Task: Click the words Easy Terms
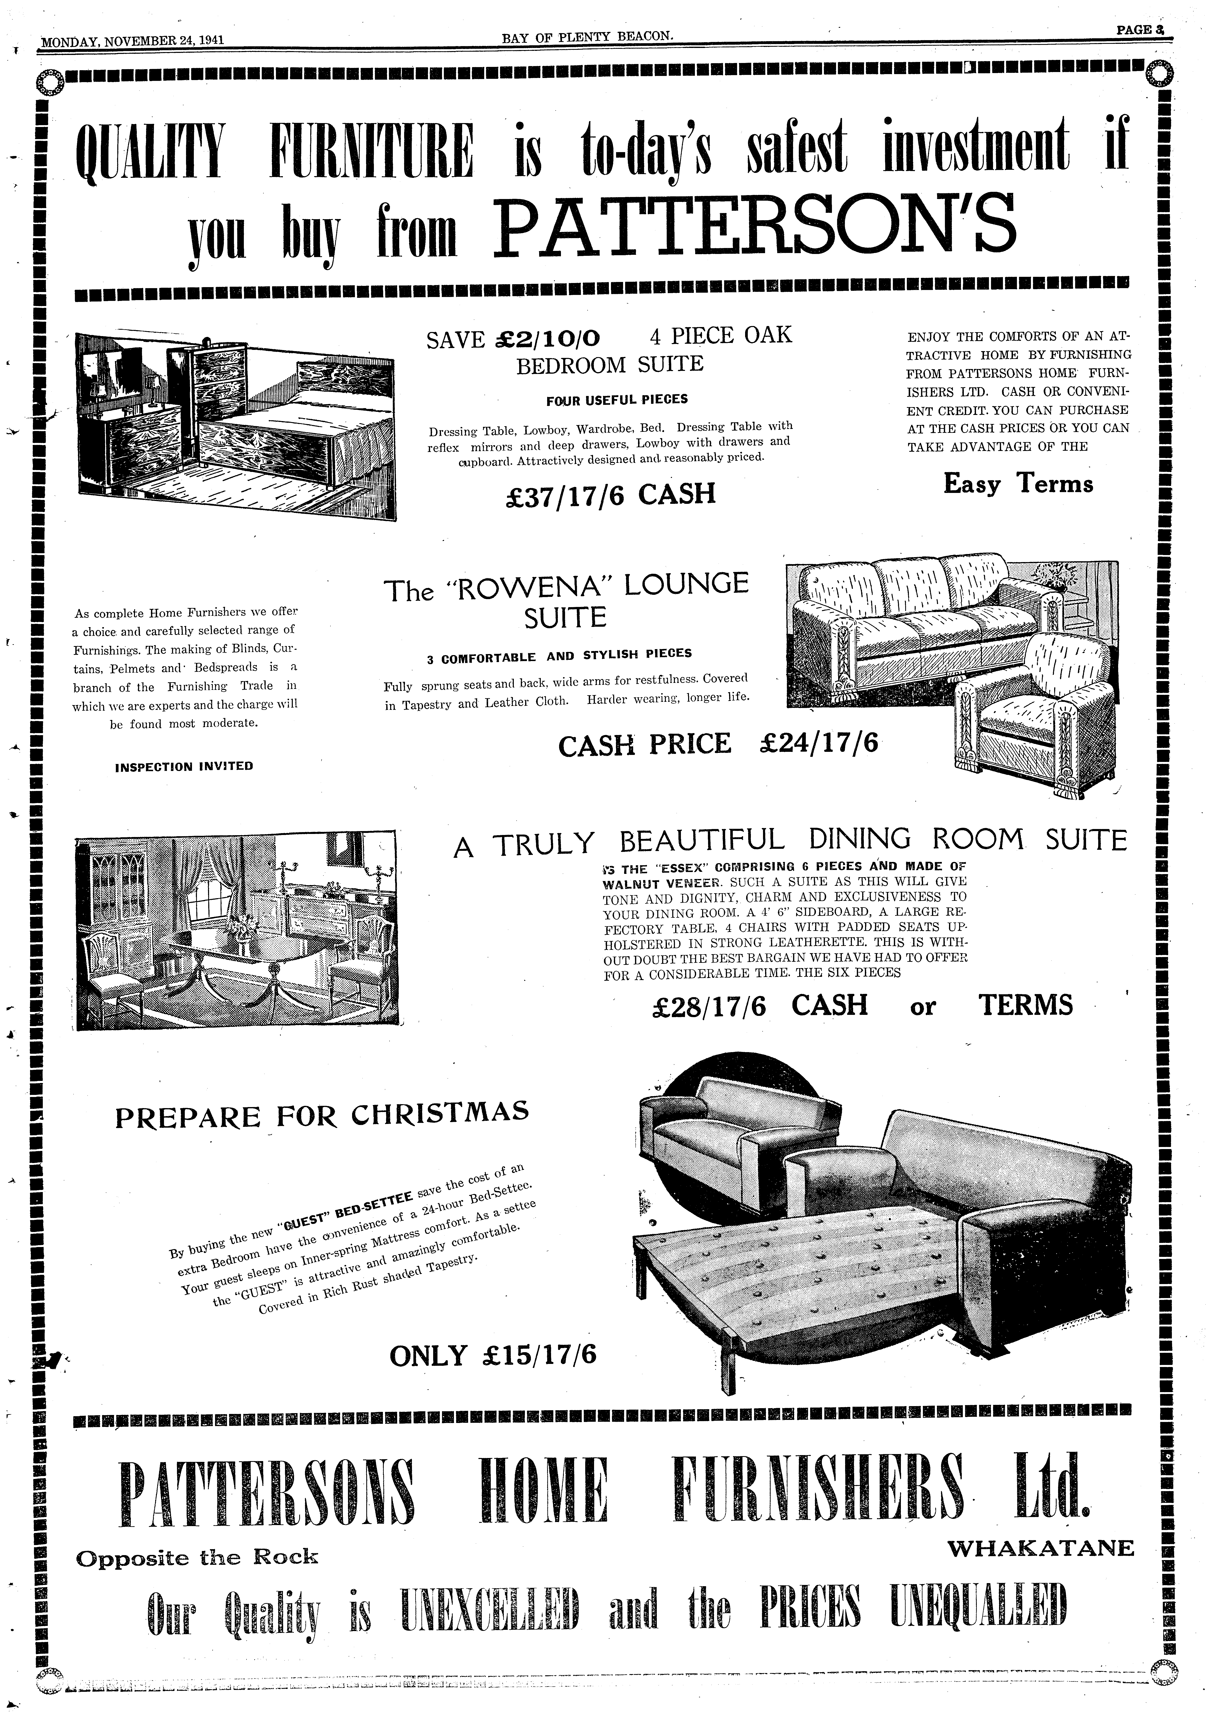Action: [1018, 483]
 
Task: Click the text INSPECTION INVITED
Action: [184, 766]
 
